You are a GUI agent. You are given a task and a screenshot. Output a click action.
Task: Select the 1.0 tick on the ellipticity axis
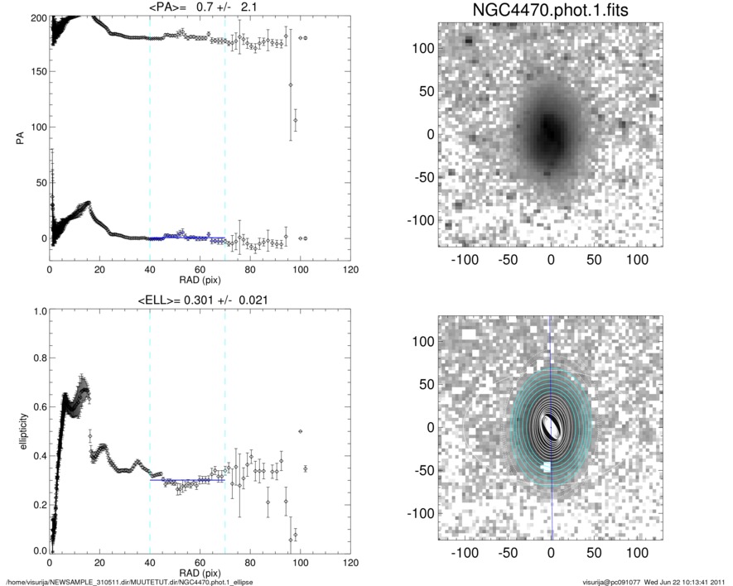(x=38, y=312)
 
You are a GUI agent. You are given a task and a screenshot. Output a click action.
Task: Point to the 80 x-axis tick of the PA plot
(x=250, y=271)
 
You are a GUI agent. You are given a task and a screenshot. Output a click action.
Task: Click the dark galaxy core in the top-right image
(x=550, y=131)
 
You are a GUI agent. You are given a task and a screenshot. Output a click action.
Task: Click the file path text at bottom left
(x=129, y=582)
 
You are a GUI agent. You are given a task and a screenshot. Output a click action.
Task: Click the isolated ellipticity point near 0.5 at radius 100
(x=300, y=431)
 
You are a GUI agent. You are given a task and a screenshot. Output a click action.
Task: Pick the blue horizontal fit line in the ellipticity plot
(x=186, y=480)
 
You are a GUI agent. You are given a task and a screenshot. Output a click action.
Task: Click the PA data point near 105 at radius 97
(x=295, y=121)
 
